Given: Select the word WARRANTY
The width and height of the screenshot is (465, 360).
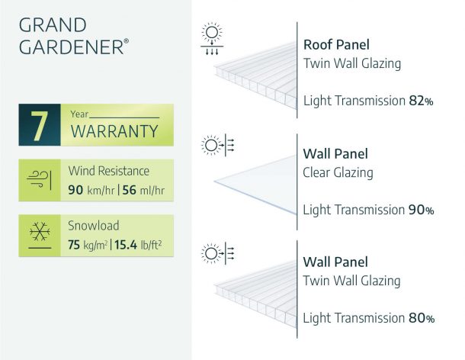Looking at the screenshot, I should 114,131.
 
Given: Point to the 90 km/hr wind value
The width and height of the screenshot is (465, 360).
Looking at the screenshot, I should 89,190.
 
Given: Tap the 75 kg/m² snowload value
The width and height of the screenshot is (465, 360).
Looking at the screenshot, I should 88,246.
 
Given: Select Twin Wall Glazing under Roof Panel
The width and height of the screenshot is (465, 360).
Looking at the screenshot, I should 351,63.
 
